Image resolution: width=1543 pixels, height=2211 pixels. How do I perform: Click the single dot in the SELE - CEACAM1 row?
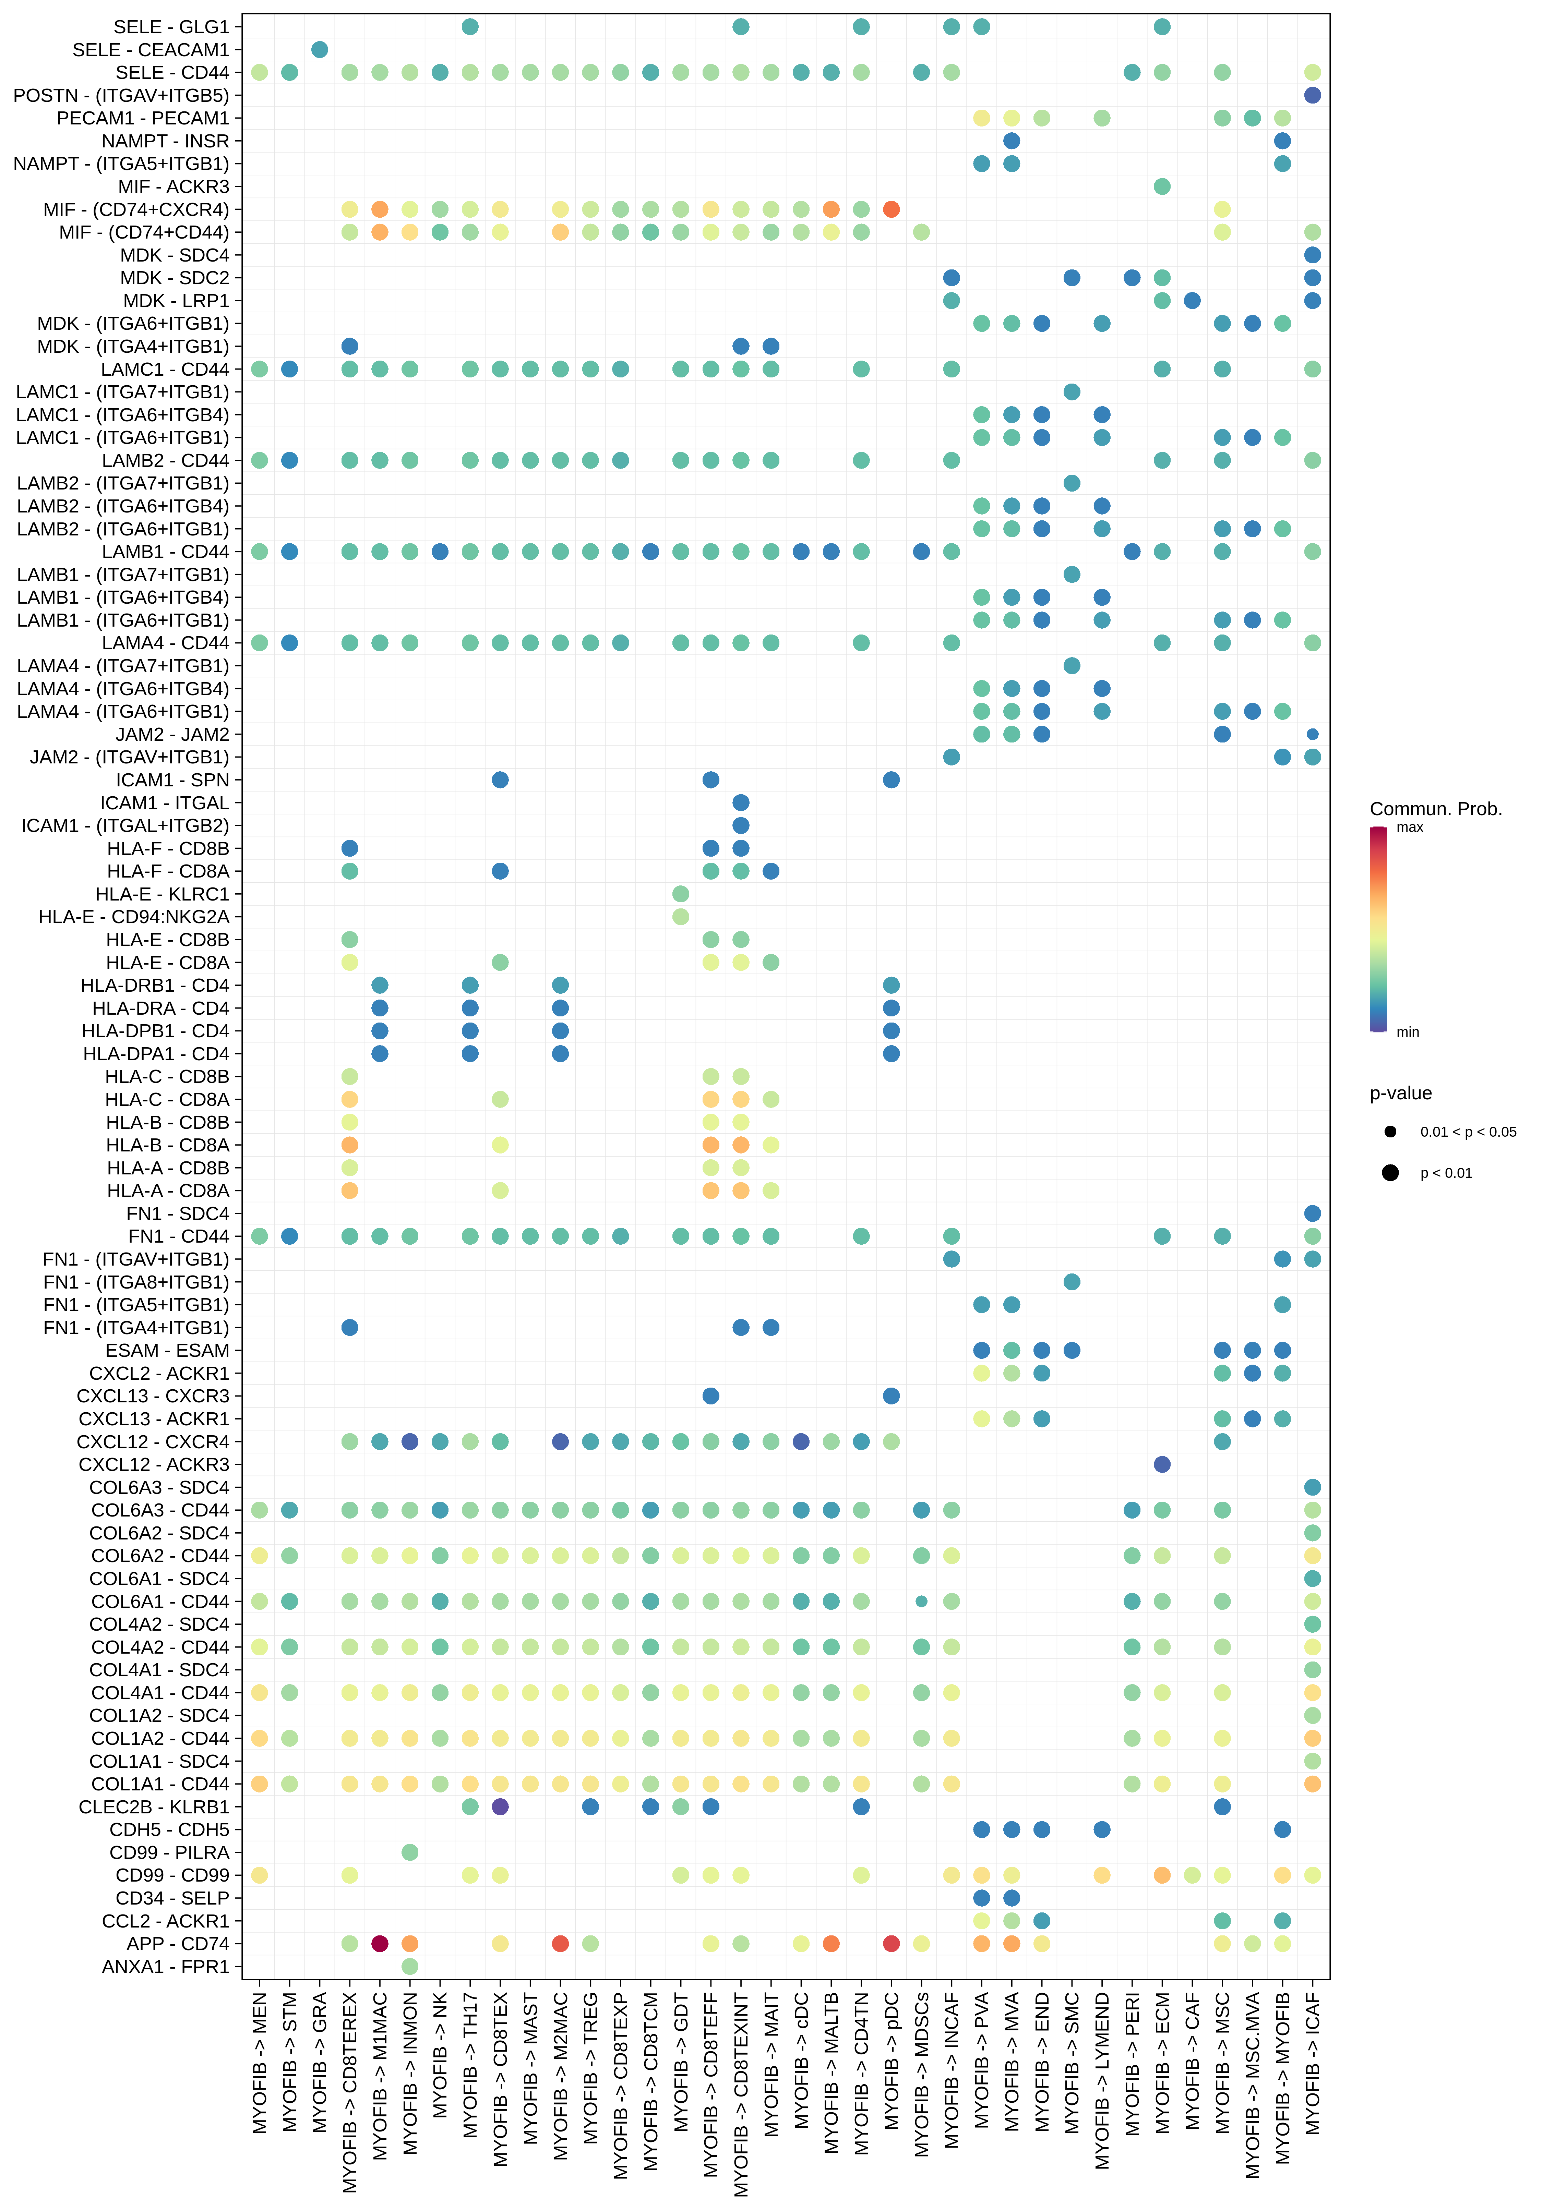click(320, 49)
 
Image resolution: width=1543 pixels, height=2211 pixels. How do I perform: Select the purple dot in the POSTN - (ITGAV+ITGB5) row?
click(1312, 95)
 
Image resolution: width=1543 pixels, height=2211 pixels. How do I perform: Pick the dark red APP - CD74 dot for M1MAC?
click(380, 1943)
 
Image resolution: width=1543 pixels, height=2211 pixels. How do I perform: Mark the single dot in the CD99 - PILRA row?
click(409, 1852)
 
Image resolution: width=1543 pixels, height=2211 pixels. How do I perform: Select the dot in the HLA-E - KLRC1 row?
click(681, 894)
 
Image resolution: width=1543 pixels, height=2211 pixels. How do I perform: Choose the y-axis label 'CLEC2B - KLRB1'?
click(154, 1807)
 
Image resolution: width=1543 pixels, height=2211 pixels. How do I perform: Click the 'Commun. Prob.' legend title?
click(1435, 809)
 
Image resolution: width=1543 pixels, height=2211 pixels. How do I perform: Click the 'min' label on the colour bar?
click(1407, 1032)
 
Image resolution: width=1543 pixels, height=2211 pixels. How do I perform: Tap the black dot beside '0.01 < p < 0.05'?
click(1390, 1132)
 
